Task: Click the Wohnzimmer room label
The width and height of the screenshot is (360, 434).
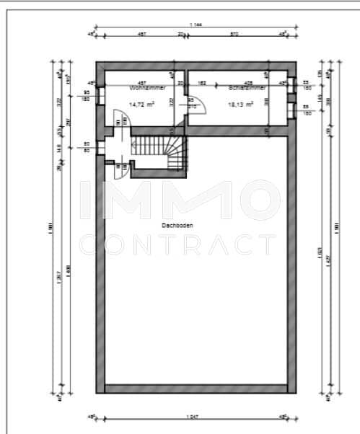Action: pos(148,88)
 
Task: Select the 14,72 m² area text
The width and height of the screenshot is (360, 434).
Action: pos(141,105)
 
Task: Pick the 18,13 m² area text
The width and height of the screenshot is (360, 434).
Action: pos(241,105)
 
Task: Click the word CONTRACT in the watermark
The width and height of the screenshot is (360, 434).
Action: pos(177,244)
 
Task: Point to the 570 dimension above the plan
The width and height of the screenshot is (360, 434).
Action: pos(234,34)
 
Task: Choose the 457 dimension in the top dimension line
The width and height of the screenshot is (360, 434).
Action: pos(142,34)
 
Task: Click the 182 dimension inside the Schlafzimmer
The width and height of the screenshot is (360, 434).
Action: pos(203,84)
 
